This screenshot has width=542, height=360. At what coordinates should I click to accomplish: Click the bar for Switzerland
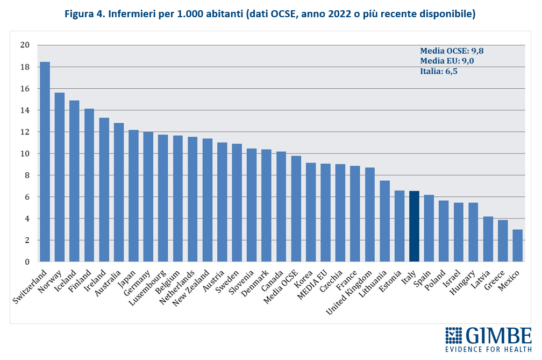[45, 162]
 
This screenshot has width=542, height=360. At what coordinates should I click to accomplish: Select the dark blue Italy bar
[414, 227]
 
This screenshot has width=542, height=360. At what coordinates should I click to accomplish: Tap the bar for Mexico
[517, 246]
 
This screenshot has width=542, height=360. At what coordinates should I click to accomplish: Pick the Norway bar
[59, 177]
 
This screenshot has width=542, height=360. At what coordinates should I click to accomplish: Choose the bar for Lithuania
[384, 221]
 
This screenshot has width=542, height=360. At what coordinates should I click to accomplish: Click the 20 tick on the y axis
[24, 45]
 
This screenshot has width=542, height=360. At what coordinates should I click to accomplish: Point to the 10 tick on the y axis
[24, 153]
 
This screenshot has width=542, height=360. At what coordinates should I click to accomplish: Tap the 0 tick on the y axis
[26, 262]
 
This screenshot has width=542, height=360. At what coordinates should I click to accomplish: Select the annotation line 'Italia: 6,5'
[439, 71]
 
